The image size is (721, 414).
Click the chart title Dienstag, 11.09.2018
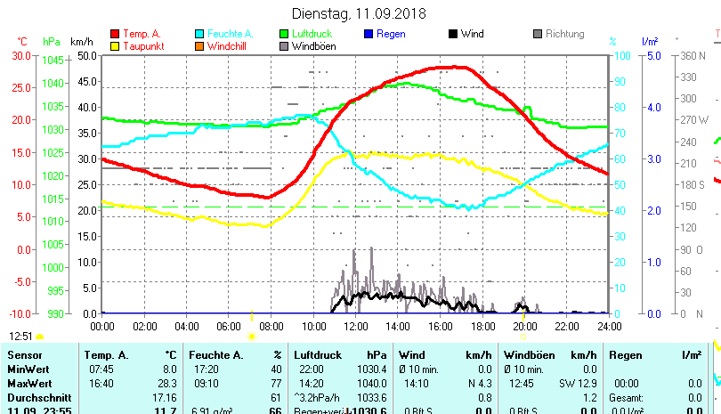(360, 14)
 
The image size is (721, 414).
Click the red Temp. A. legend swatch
(115, 35)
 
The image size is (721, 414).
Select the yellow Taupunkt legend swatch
(115, 46)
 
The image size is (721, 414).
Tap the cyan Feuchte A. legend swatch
(199, 35)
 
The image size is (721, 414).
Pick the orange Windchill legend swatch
(199, 46)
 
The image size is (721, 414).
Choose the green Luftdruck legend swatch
(284, 35)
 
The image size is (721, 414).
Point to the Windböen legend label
(313, 46)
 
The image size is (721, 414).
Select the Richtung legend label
(565, 35)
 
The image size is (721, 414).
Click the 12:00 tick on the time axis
(355, 326)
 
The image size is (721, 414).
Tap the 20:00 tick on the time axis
(524, 326)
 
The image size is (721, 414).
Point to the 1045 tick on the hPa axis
(54, 61)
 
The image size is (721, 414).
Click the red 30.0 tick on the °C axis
(20, 55)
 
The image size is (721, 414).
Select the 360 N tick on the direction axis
(693, 55)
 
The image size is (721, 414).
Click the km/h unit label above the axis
(82, 42)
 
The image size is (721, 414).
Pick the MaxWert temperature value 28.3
(165, 383)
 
